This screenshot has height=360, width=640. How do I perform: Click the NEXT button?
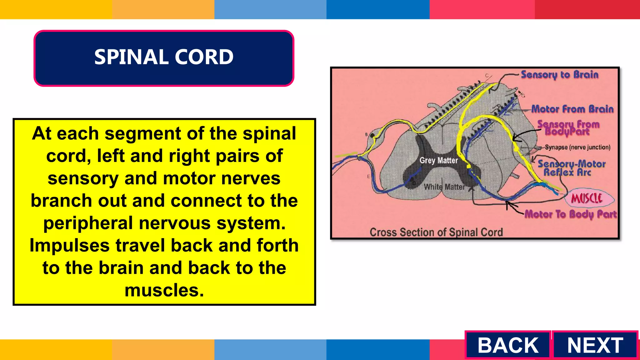pos(595,345)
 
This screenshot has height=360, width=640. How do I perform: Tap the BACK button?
pos(508,345)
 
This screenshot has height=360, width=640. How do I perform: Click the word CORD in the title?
pos(204,57)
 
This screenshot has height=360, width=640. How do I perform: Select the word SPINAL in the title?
pos(131,57)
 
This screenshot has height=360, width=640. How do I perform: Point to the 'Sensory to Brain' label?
pos(559,75)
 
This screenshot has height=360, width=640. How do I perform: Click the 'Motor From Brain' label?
pos(572,109)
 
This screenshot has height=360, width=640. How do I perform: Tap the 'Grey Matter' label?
pos(438,161)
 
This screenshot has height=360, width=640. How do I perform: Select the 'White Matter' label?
pos(444,187)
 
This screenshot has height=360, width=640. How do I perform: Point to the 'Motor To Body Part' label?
pos(570,214)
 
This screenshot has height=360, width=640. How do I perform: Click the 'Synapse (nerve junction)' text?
pos(577,147)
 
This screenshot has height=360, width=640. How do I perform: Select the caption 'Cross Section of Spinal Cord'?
pos(436,232)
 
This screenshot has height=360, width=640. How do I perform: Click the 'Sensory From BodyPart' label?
pos(568,128)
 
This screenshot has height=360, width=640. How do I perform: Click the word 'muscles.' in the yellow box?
pos(164,290)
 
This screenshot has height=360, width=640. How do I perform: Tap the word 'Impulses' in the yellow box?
pos(69,245)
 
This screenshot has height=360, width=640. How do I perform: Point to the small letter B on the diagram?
pos(367,134)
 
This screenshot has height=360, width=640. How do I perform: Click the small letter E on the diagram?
pos(368,177)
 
